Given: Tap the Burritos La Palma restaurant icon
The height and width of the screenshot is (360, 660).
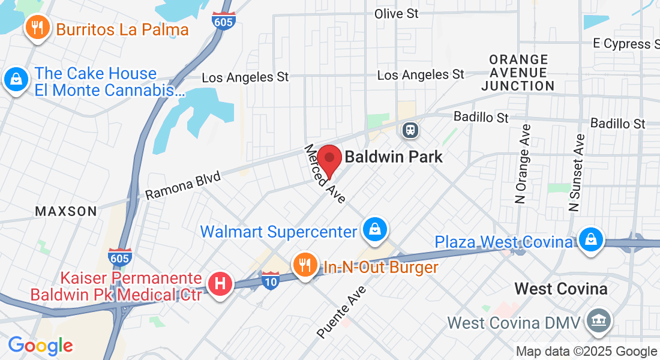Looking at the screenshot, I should click(x=37, y=28).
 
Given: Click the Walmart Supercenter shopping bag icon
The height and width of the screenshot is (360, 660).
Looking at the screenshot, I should click(x=374, y=230).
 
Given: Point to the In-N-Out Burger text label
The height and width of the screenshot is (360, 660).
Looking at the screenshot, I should click(x=381, y=267).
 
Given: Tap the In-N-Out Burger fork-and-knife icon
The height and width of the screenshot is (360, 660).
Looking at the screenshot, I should click(x=305, y=265).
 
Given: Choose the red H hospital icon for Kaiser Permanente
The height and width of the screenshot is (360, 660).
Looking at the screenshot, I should click(x=220, y=283).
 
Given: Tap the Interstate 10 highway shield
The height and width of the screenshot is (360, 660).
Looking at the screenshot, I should click(x=271, y=280).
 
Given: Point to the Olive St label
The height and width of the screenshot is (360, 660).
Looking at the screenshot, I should click(x=396, y=14).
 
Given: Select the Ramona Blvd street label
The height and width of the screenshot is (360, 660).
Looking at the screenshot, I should click(x=183, y=185).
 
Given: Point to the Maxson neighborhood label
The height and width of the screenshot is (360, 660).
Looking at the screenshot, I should click(x=66, y=211).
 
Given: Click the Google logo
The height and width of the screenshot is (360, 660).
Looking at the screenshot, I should click(x=41, y=346).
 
